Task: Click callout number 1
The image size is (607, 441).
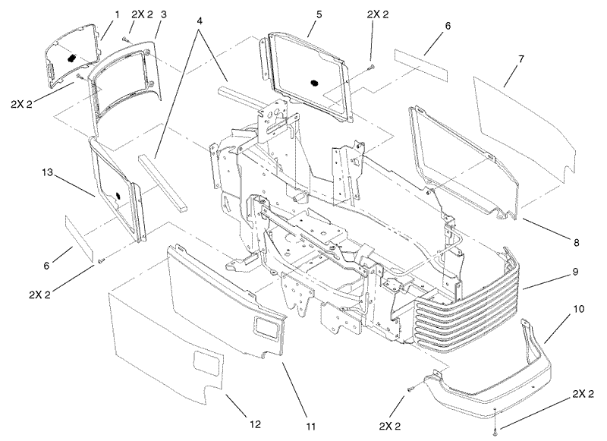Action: tap(117, 14)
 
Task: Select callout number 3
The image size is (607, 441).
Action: tap(164, 14)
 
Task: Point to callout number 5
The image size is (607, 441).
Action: tap(319, 14)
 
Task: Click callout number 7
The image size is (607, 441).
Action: tap(521, 59)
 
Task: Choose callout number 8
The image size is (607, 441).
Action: tap(576, 243)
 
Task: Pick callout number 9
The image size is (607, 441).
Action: tap(575, 272)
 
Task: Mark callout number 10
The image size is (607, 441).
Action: tap(579, 310)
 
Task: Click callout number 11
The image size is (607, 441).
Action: tap(311, 427)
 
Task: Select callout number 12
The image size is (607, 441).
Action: tap(255, 424)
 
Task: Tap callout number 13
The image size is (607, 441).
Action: tap(47, 172)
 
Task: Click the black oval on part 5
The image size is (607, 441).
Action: tap(314, 83)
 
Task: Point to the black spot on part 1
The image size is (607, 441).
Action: tap(71, 58)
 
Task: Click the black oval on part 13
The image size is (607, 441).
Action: tap(118, 195)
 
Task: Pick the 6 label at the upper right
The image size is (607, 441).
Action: tap(448, 27)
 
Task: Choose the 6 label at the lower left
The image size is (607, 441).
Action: tap(46, 266)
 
